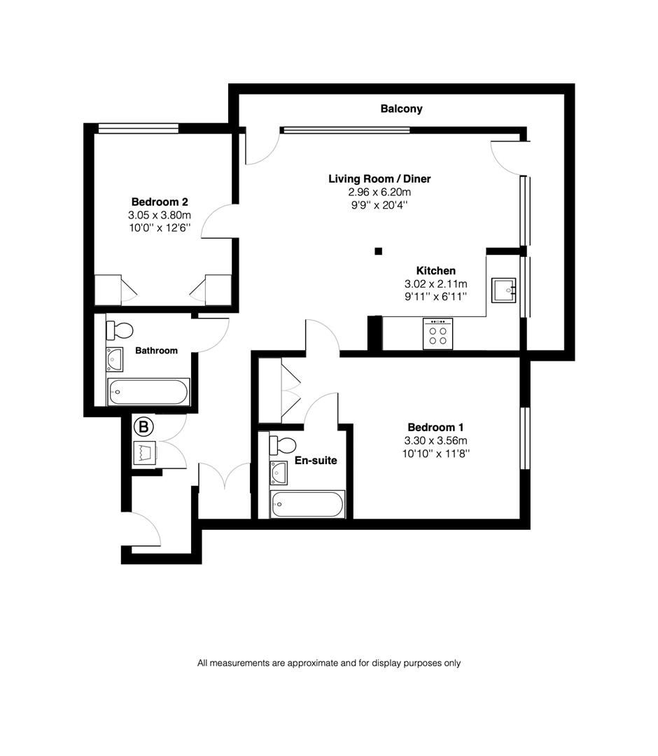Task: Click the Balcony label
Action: click(401, 108)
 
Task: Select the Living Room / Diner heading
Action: click(379, 178)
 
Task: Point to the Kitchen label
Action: click(435, 270)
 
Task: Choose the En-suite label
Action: click(315, 461)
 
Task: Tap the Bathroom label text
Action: click(156, 350)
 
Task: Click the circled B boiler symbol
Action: click(143, 426)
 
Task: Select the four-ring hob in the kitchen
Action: click(438, 333)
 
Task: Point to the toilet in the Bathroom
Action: click(121, 329)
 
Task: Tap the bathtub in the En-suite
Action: click(308, 504)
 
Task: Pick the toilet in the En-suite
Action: click(284, 444)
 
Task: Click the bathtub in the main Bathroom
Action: click(148, 391)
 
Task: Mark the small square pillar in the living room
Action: click(378, 251)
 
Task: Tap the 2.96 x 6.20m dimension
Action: click(379, 192)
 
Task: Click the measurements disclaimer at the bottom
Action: click(329, 663)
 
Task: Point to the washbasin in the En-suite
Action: click(279, 473)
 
